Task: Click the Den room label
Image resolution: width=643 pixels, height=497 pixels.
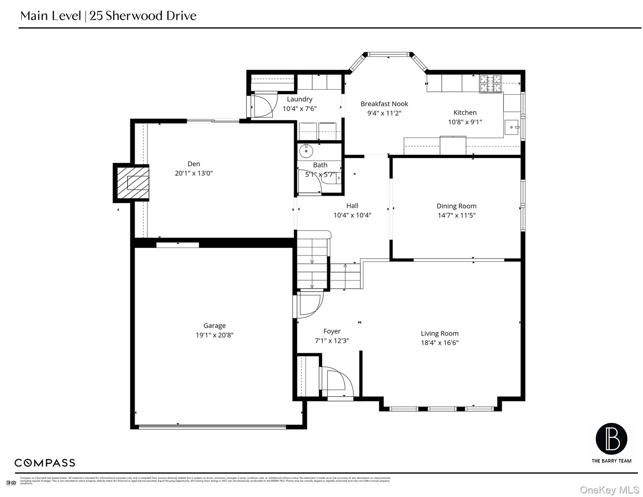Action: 194,164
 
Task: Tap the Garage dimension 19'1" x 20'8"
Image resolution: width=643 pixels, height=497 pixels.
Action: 214,335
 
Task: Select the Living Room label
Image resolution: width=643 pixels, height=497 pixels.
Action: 440,334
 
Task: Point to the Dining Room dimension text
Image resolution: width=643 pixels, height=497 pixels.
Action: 456,215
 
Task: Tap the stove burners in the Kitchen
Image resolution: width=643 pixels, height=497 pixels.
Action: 490,83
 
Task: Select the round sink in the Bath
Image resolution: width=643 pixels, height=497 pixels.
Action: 306,151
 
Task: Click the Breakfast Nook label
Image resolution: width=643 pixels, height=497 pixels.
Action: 384,104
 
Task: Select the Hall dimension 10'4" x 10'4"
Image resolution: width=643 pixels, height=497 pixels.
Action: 352,215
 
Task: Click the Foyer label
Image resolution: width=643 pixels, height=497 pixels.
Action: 332,331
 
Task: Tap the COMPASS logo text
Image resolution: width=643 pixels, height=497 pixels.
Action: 45,463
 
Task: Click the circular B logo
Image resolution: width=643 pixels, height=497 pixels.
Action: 611,439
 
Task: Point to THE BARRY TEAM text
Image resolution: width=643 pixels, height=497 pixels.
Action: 611,461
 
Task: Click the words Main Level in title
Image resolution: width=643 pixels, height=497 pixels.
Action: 51,16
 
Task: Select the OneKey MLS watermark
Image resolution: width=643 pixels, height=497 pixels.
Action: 609,490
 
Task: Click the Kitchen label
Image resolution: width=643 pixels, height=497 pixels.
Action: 465,113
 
